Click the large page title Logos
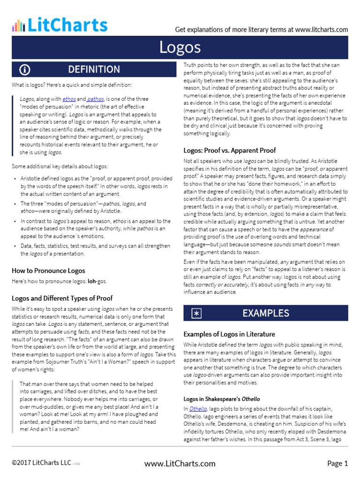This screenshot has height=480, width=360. coord(180,47)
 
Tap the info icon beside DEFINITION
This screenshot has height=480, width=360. coord(25,70)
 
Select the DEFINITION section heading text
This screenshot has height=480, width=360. coord(94,69)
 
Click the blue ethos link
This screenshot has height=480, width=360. coord(69,99)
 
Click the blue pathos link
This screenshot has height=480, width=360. coord(96,99)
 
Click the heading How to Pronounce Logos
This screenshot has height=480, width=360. coord(48,270)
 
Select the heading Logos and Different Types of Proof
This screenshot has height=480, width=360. coord(62,298)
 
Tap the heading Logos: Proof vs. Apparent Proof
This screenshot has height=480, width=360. coord(229,150)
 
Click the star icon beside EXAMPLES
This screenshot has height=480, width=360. coord(196,314)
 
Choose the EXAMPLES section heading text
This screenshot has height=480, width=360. coord(265,313)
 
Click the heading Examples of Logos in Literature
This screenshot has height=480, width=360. coord(229,334)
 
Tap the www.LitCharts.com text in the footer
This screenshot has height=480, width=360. coord(180,464)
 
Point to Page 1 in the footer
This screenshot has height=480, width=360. coord(337,464)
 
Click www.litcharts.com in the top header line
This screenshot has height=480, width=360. coord(322,30)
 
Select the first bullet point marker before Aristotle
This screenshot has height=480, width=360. coord(15,179)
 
